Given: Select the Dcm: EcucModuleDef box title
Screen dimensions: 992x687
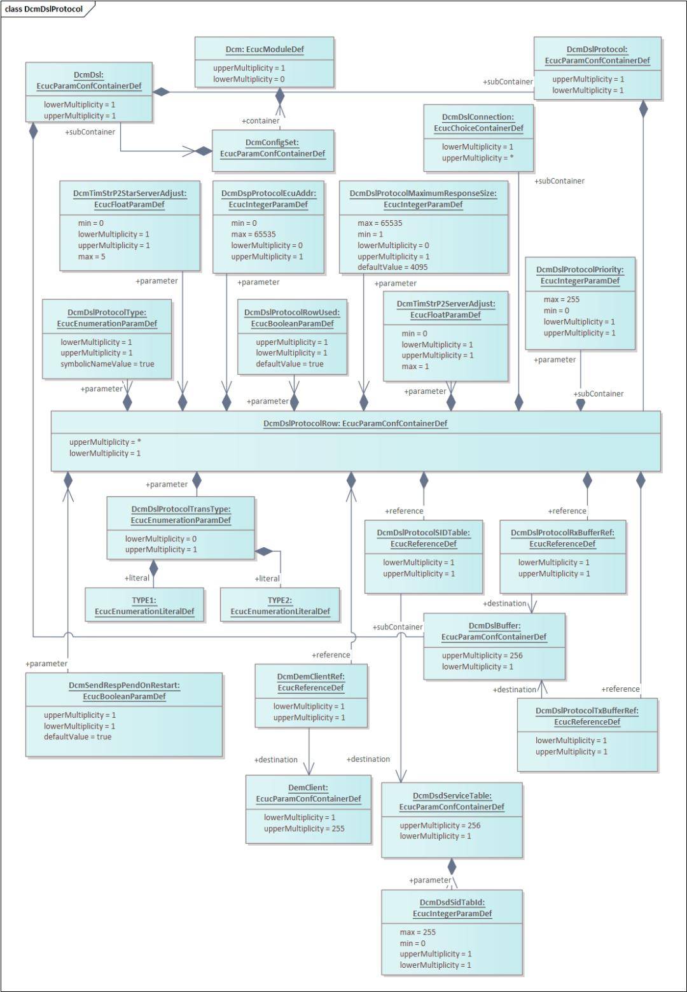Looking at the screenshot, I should pyautogui.click(x=264, y=50).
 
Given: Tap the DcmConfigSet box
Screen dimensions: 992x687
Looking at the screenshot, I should pyautogui.click(x=272, y=148).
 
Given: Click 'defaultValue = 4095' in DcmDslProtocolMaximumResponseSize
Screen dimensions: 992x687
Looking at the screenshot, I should pyautogui.click(x=392, y=267).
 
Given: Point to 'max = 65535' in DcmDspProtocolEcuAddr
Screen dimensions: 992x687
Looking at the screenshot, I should pyautogui.click(x=253, y=234).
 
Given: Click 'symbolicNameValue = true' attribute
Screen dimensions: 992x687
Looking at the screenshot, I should pyautogui.click(x=107, y=364).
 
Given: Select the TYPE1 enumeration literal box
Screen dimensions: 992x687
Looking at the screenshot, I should pyautogui.click(x=144, y=605).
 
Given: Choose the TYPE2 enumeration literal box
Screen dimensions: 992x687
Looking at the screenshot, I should pyautogui.click(x=280, y=605).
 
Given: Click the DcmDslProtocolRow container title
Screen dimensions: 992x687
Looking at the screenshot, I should pyautogui.click(x=355, y=423).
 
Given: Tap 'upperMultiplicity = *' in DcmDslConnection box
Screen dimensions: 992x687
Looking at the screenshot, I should pyautogui.click(x=471, y=158).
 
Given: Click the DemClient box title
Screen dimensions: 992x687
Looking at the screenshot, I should pyautogui.click(x=309, y=793).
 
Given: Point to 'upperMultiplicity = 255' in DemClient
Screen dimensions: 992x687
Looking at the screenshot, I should pyautogui.click(x=303, y=828).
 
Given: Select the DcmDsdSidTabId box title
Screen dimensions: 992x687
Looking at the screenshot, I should pyautogui.click(x=452, y=908).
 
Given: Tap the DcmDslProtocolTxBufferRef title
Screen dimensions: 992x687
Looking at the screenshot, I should pyautogui.click(x=586, y=716).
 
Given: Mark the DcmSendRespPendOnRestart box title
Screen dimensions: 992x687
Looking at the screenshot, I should pyautogui.click(x=124, y=690).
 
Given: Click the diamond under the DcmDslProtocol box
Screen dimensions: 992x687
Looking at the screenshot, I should pyautogui.click(x=643, y=109).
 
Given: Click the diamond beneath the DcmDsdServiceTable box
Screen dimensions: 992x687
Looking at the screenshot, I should pyautogui.click(x=452, y=866).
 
